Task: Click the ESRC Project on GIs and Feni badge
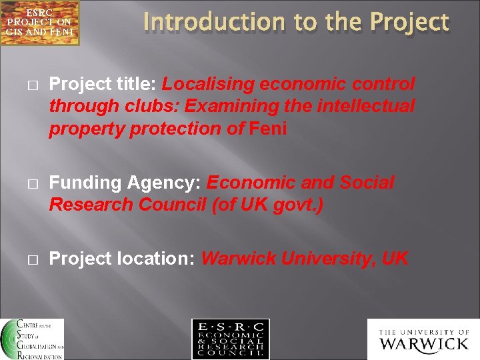[39, 23]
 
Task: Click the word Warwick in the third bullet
[238, 259]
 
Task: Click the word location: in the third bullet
[156, 259]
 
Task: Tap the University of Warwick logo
[423, 339]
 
